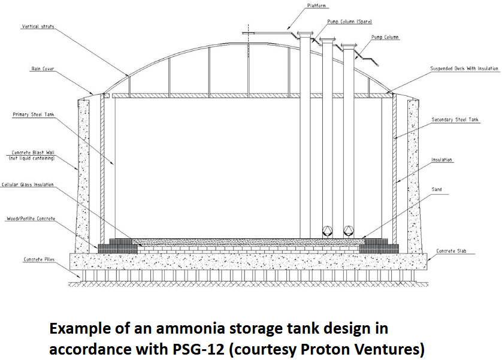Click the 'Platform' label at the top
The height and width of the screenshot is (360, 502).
click(317, 6)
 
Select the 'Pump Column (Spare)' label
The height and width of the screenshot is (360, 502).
click(349, 22)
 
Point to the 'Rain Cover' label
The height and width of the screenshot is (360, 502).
click(43, 69)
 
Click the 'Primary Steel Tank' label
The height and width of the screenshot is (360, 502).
click(34, 114)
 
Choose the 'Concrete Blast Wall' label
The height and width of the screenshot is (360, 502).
click(33, 153)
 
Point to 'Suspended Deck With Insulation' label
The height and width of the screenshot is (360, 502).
click(464, 69)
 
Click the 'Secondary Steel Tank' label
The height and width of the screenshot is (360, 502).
click(455, 120)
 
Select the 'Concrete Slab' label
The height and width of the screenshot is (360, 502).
click(450, 251)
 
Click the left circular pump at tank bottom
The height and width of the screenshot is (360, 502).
click(327, 231)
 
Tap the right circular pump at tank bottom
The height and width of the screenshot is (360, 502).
click(348, 231)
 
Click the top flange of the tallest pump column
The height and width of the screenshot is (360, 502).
click(306, 34)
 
